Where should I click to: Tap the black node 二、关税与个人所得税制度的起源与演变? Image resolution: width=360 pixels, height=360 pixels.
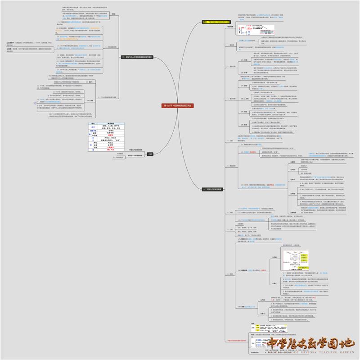point(137,57)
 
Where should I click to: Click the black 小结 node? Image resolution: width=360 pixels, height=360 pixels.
point(149,154)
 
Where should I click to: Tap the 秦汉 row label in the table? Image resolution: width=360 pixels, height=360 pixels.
point(93,127)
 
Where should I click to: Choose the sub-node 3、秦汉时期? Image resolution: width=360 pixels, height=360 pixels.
point(232,66)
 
